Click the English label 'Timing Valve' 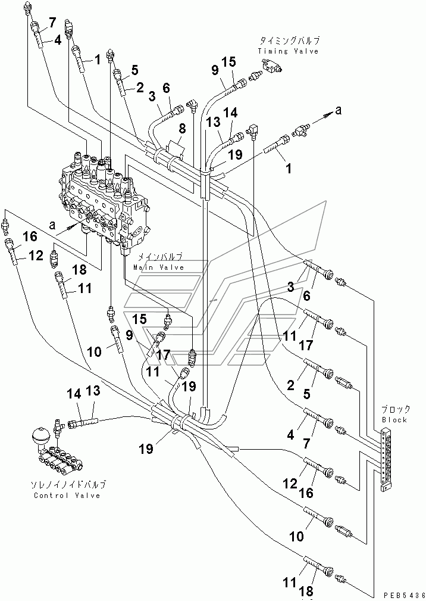[288, 51]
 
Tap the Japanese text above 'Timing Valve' [289, 41]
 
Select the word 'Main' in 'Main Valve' [142, 267]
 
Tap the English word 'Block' [394, 419]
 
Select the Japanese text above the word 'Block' [395, 409]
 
